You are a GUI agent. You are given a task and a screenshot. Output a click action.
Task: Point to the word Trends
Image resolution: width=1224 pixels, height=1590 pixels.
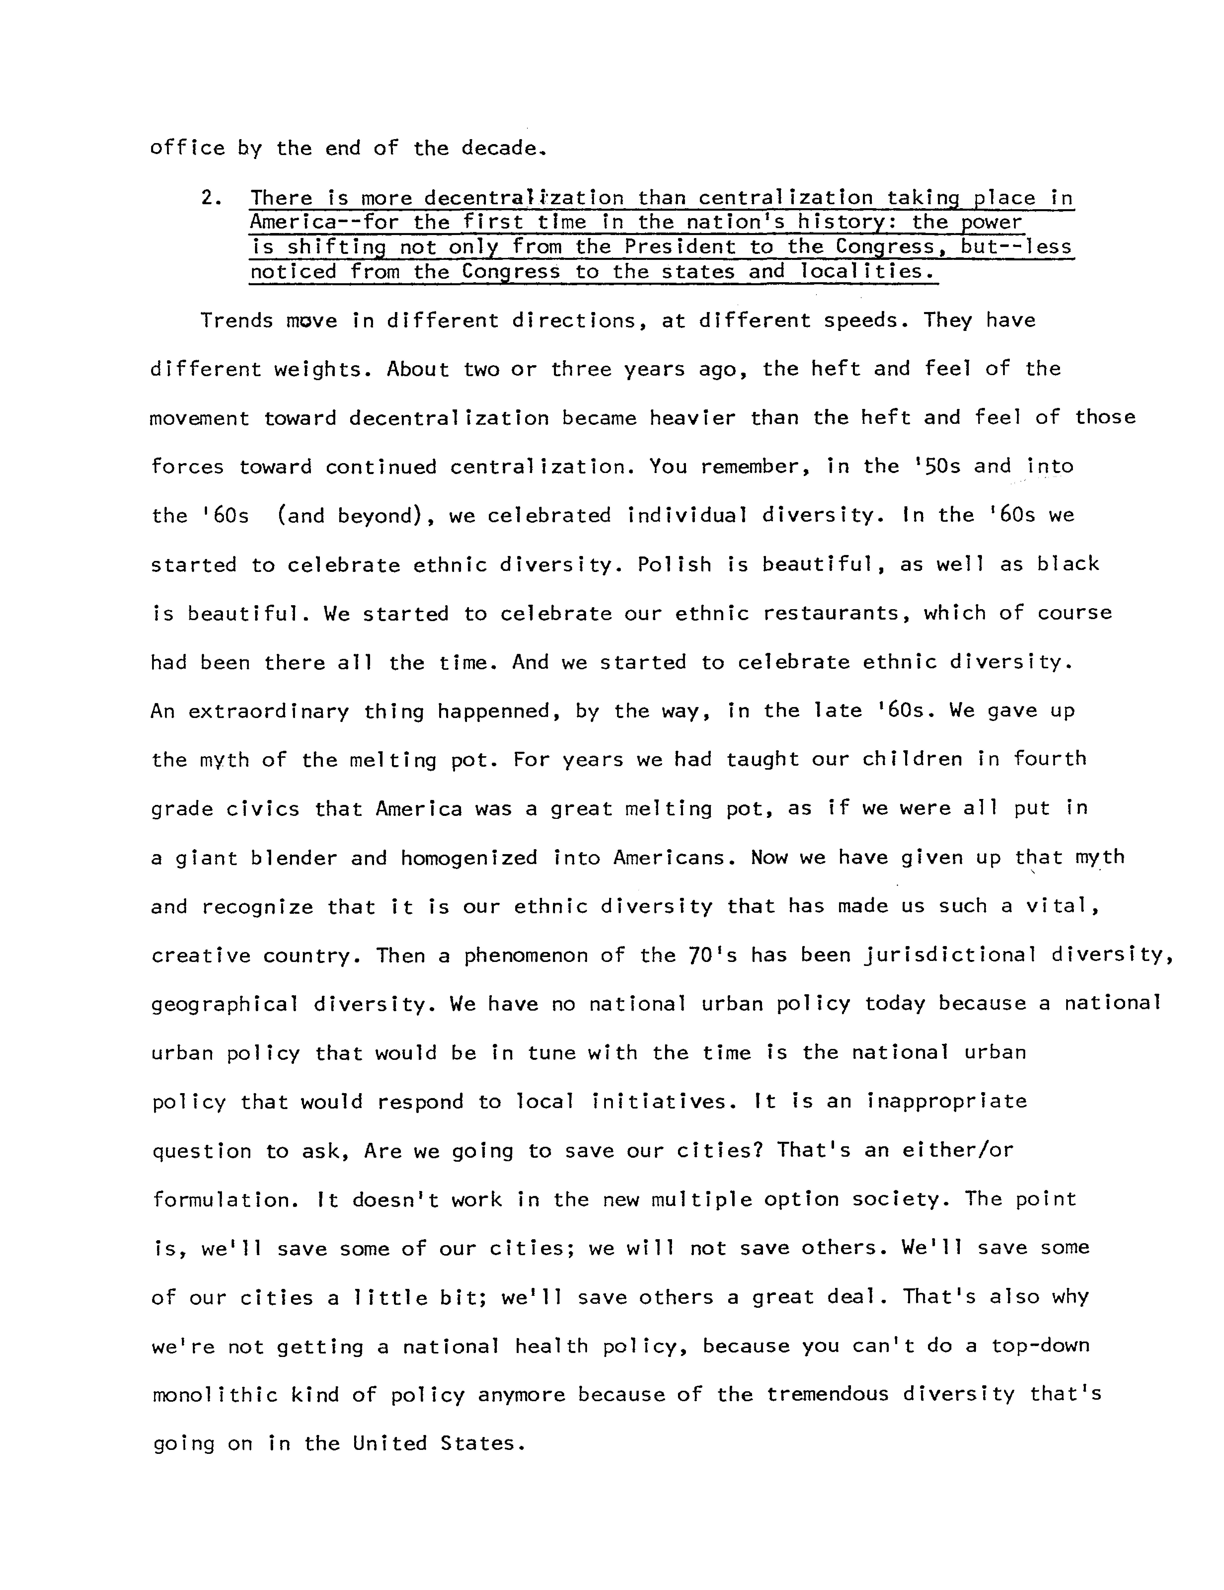237,321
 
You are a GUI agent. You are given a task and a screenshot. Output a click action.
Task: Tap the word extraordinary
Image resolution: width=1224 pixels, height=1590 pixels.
269,711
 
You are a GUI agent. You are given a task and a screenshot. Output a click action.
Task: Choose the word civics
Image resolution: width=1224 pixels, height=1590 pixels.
262,809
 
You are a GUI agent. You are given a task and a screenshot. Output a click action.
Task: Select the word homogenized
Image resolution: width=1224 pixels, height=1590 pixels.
469,858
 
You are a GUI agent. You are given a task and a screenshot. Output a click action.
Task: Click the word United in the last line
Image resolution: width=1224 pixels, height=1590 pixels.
389,1444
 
